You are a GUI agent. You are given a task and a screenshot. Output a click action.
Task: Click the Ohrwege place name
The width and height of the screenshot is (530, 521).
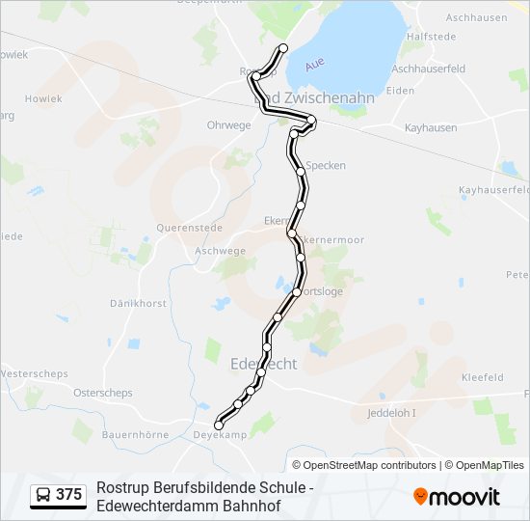(228, 125)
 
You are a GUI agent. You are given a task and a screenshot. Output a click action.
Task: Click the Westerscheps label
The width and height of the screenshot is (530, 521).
(34, 373)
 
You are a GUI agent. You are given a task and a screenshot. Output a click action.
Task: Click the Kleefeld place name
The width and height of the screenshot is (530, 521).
(483, 377)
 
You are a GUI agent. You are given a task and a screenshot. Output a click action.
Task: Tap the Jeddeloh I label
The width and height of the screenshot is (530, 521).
(393, 413)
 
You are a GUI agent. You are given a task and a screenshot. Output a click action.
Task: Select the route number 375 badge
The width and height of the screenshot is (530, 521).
(59, 495)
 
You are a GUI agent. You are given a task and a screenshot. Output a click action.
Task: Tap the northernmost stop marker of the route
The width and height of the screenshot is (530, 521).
(283, 48)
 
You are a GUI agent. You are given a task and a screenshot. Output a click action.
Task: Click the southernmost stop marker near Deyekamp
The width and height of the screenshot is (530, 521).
(219, 425)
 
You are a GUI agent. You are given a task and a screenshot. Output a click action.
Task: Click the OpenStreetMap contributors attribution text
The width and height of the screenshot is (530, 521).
(369, 465)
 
